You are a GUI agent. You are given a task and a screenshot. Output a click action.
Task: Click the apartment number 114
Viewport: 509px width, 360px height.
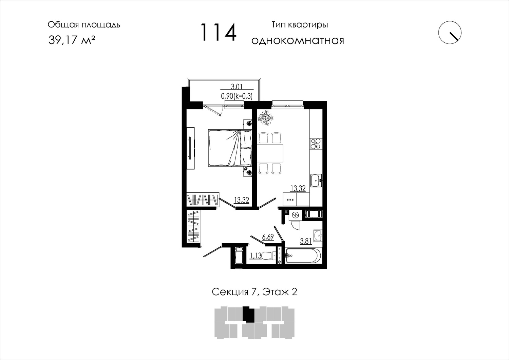click(x=219, y=32)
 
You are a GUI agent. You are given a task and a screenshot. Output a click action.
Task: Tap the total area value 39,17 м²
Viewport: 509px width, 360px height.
click(x=72, y=40)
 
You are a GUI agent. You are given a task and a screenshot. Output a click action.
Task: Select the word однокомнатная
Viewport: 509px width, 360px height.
click(x=298, y=41)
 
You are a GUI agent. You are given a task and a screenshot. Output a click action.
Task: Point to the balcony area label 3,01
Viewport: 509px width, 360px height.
click(x=237, y=87)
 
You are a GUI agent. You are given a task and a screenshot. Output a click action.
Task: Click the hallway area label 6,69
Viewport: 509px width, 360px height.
click(x=268, y=237)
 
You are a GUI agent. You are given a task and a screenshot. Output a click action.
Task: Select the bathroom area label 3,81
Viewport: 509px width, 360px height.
click(x=306, y=241)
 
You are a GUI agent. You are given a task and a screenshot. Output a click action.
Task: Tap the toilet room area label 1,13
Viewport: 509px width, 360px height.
click(x=256, y=256)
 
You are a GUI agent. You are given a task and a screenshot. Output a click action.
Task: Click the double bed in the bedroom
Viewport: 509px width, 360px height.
click(x=230, y=148)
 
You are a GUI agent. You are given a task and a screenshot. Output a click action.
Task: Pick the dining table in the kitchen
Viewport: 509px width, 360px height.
click(x=270, y=153)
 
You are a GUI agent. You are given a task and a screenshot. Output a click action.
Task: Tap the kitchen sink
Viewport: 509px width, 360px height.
click(x=316, y=181)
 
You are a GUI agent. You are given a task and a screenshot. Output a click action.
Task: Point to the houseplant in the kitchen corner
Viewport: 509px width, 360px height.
click(x=265, y=118)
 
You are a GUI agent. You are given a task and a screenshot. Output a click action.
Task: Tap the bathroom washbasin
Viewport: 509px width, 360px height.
click(x=318, y=235)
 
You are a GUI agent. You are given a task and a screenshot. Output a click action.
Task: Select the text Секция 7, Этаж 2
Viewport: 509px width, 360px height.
click(x=254, y=292)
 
